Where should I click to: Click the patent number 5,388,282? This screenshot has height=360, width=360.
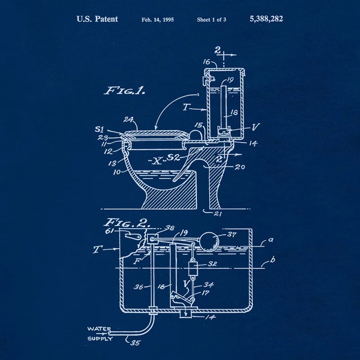point(266,19)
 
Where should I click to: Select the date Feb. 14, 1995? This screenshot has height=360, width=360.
point(157,20)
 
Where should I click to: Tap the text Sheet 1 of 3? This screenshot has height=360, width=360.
point(211,20)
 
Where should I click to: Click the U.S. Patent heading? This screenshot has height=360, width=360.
point(97,19)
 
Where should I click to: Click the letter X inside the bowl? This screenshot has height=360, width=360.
point(156,161)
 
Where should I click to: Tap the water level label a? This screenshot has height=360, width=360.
point(270,240)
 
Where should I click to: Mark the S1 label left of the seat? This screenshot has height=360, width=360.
point(100,129)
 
